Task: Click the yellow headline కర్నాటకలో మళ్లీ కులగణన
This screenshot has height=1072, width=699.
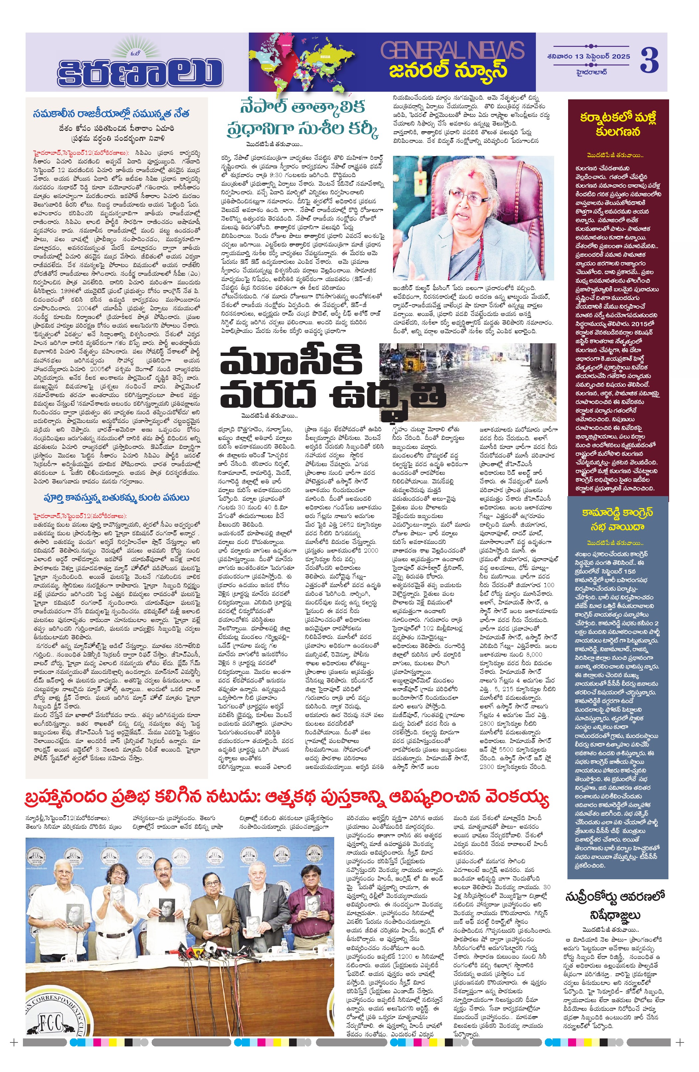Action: tap(618, 124)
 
